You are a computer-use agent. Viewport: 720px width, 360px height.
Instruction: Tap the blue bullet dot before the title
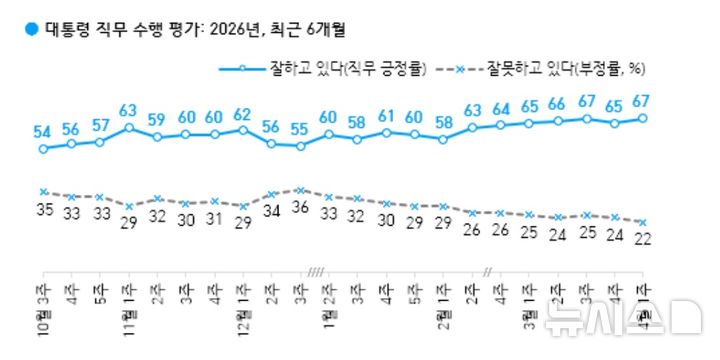30,28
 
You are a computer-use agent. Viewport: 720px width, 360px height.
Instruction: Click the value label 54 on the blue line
43,132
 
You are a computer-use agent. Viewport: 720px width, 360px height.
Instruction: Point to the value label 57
100,125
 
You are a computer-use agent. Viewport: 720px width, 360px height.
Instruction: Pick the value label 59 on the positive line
157,120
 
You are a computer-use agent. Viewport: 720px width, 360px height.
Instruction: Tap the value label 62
243,113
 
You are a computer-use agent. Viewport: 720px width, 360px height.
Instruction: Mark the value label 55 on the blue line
300,130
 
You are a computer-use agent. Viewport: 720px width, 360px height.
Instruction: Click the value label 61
386,116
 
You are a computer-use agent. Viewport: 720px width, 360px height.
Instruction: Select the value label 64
500,109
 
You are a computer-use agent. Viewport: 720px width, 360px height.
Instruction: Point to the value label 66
557,104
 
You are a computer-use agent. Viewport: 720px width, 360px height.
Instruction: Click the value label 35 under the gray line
43,208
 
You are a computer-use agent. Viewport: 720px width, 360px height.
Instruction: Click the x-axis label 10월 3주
43,310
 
